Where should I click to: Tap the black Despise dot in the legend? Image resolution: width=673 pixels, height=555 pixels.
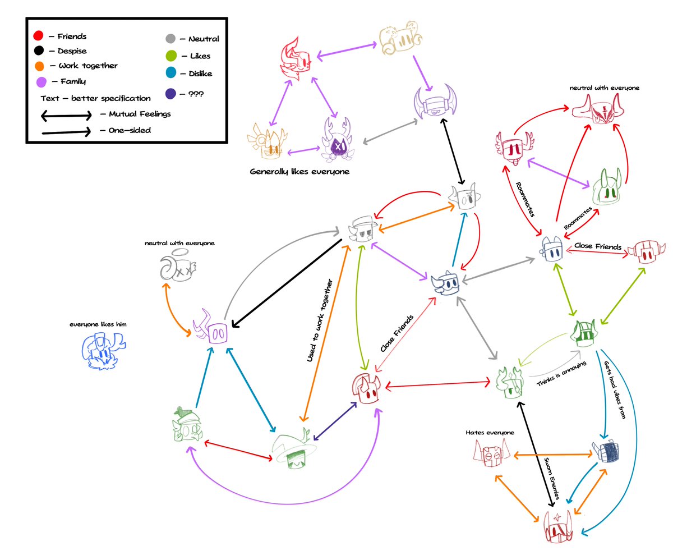pyautogui.click(x=38, y=51)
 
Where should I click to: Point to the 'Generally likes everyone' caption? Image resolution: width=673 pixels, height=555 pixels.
pyautogui.click(x=299, y=171)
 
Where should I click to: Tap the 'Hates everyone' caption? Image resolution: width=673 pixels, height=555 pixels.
pyautogui.click(x=490, y=433)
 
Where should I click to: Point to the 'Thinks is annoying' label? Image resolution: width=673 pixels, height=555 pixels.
pyautogui.click(x=561, y=374)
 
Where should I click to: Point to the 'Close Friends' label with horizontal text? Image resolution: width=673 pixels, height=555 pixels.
pyautogui.click(x=597, y=246)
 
